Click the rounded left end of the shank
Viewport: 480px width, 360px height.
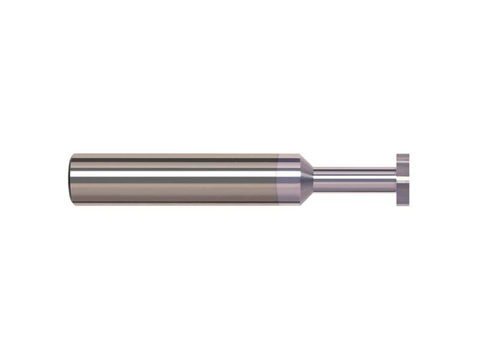[71, 179]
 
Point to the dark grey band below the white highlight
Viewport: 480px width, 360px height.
[174, 179]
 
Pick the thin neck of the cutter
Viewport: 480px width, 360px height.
[354, 179]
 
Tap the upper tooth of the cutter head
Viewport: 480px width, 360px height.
[404, 165]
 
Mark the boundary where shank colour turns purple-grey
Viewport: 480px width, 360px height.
[277, 179]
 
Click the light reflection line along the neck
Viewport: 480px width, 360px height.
[354, 175]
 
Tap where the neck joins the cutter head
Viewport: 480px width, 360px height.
[394, 179]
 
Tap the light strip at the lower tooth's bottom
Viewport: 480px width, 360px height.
[404, 201]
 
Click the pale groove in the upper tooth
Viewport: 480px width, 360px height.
[404, 160]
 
